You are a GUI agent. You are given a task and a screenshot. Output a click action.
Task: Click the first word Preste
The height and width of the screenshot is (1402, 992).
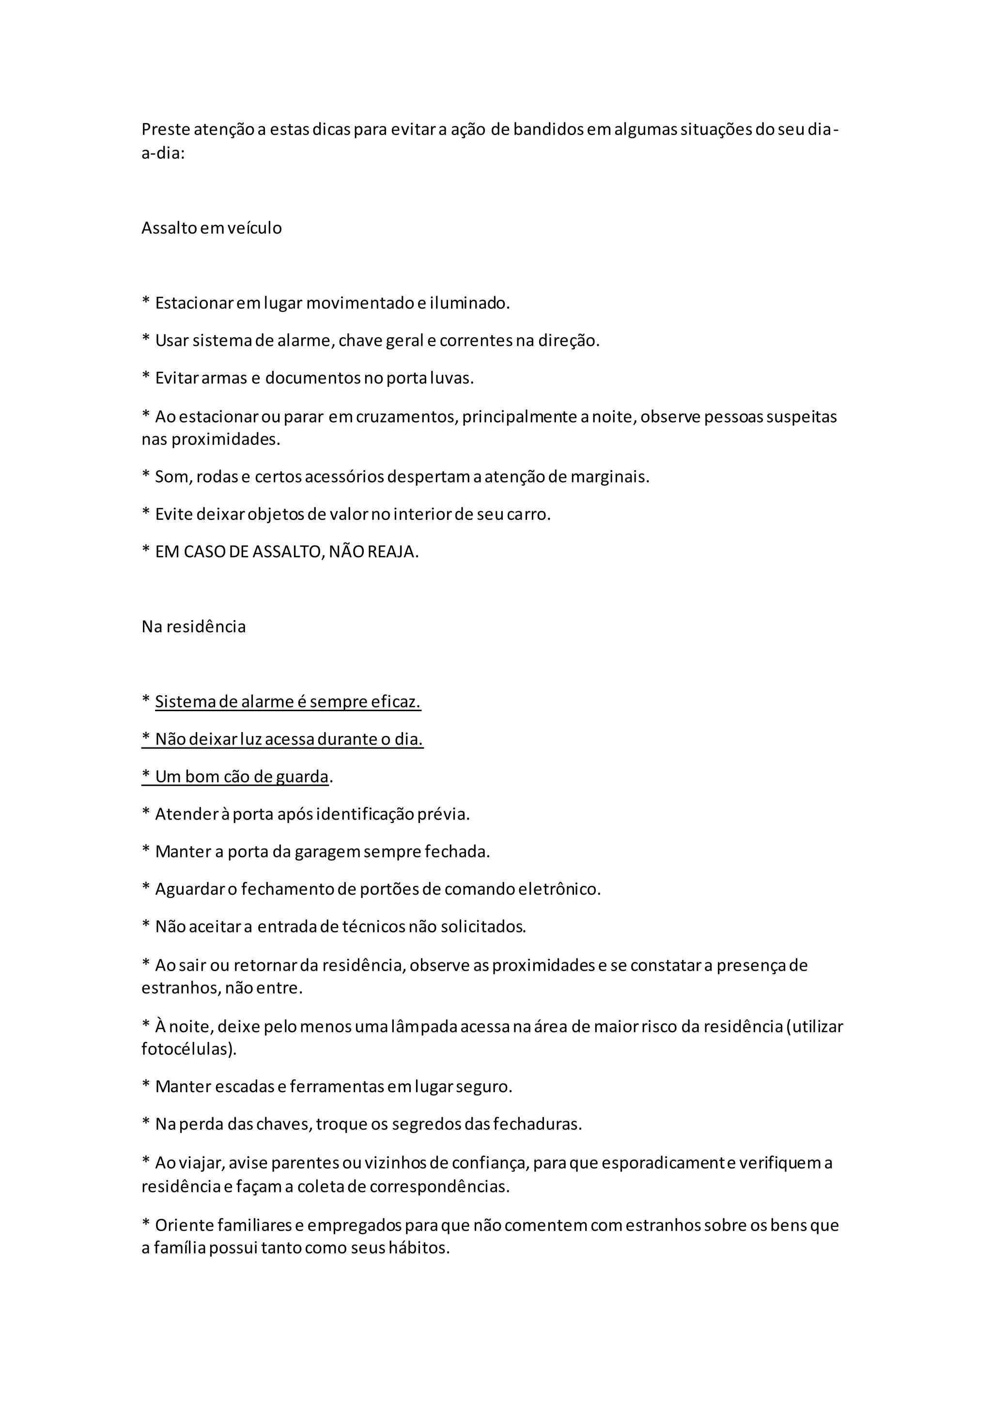tap(166, 129)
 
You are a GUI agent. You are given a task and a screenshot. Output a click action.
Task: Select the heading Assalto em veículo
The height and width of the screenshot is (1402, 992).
tap(211, 229)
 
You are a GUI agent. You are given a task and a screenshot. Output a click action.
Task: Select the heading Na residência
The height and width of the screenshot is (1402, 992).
tap(194, 627)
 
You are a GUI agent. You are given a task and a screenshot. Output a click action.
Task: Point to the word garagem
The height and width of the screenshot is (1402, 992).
tap(327, 852)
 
